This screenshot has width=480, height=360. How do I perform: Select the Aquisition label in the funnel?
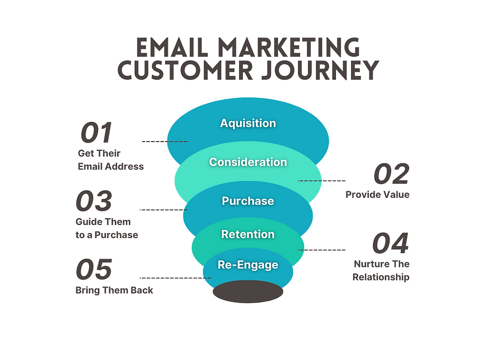click(248, 123)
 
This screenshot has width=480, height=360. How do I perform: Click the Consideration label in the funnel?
click(248, 162)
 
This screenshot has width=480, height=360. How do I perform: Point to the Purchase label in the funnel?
click(248, 201)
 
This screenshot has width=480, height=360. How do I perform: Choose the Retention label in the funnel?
click(248, 234)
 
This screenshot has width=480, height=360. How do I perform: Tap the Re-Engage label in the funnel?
click(248, 265)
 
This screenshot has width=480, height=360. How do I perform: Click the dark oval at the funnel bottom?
click(248, 291)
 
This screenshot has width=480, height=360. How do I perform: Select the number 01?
click(96, 133)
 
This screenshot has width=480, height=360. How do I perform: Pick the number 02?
click(391, 174)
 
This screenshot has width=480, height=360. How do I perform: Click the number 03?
click(94, 201)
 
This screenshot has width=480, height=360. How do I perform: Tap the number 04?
click(390, 243)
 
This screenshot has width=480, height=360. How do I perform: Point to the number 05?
click(94, 269)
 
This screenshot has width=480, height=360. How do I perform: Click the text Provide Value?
click(377, 194)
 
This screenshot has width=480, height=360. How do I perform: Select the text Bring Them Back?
click(114, 290)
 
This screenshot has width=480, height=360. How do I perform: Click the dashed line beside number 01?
click(165, 141)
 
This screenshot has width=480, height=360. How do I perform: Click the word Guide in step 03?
click(87, 222)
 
